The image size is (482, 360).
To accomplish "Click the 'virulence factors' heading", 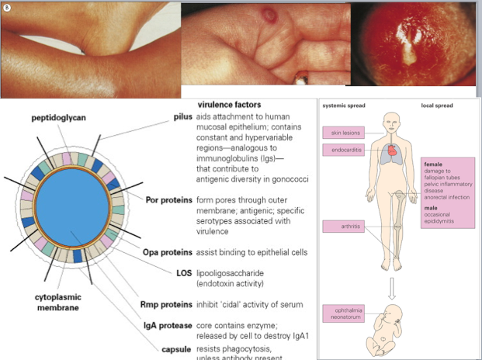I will pyautogui.click(x=229, y=104).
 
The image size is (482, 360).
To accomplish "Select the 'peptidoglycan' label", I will pyautogui.click(x=59, y=118).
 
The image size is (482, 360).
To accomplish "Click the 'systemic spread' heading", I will pyautogui.click(x=343, y=105).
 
